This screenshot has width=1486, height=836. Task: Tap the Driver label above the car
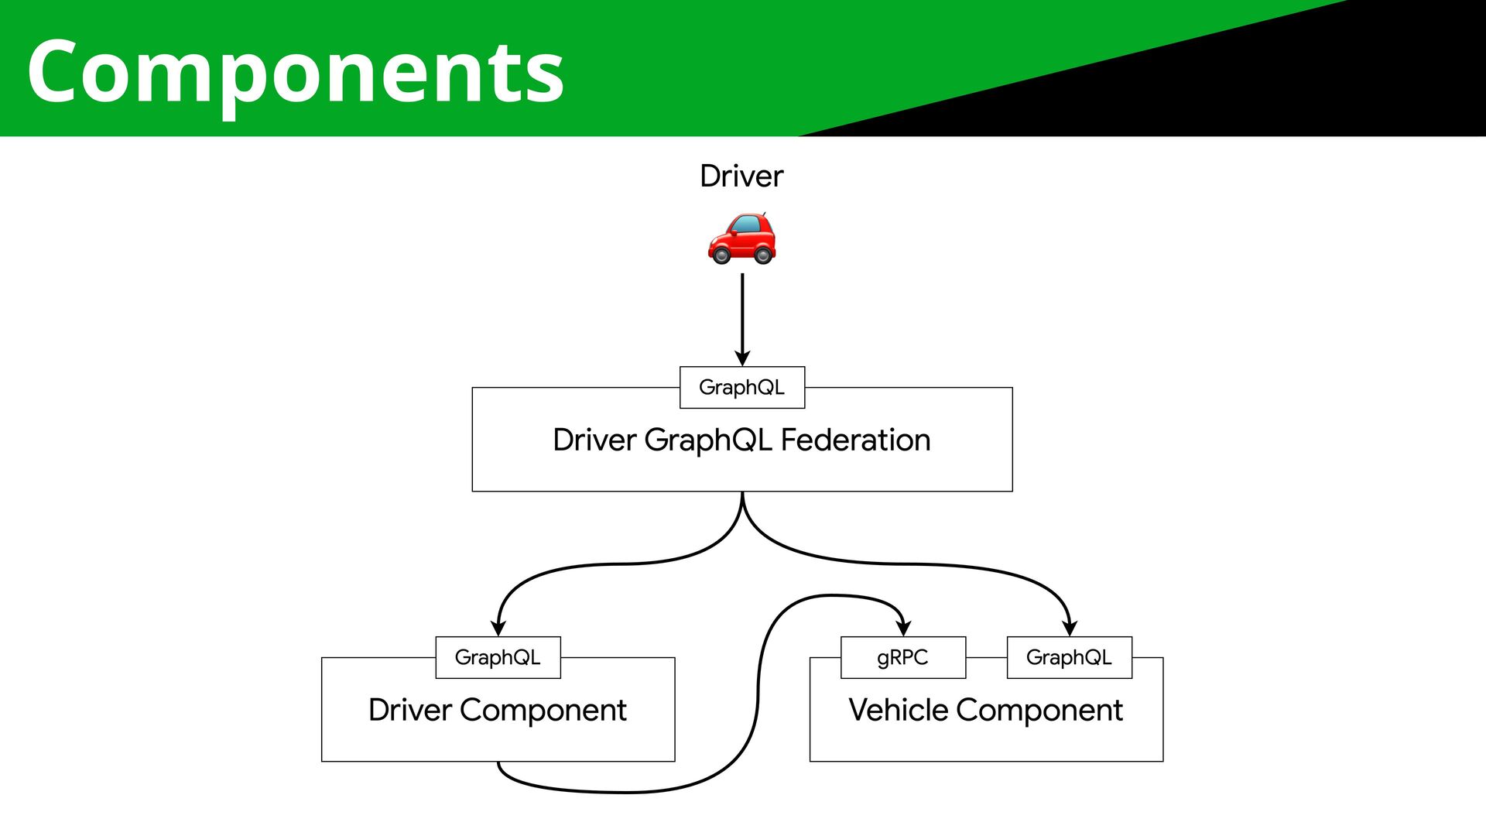point(741,176)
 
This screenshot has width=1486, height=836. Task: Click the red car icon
point(741,238)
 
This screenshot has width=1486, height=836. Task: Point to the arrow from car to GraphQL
point(742,320)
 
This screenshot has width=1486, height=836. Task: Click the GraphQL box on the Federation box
point(742,387)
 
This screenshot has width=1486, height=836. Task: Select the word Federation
point(855,440)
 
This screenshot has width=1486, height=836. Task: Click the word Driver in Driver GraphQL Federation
point(594,440)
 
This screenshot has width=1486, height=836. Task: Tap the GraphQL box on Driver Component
point(498,657)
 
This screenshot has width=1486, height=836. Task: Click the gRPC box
point(903,657)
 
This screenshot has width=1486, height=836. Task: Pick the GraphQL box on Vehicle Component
point(1069,657)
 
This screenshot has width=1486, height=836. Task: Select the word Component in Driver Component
point(543,711)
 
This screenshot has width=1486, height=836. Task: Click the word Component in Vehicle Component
point(1039,711)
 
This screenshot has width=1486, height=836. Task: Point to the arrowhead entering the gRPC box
point(903,628)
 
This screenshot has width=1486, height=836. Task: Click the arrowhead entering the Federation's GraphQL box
point(742,358)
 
